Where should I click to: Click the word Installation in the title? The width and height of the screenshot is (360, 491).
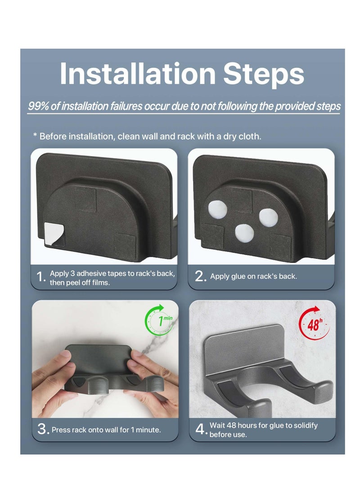tap(137, 74)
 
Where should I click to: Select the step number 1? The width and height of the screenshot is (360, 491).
tap(40, 277)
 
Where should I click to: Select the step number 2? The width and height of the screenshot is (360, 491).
tap(200, 276)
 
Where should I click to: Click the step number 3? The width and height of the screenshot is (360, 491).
tap(43, 429)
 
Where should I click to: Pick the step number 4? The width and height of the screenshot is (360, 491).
tap(201, 429)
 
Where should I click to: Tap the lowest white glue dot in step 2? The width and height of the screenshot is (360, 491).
tap(244, 233)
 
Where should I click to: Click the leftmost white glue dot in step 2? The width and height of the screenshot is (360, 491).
tap(217, 209)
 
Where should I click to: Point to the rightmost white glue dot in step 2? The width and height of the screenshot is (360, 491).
tap(268, 217)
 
